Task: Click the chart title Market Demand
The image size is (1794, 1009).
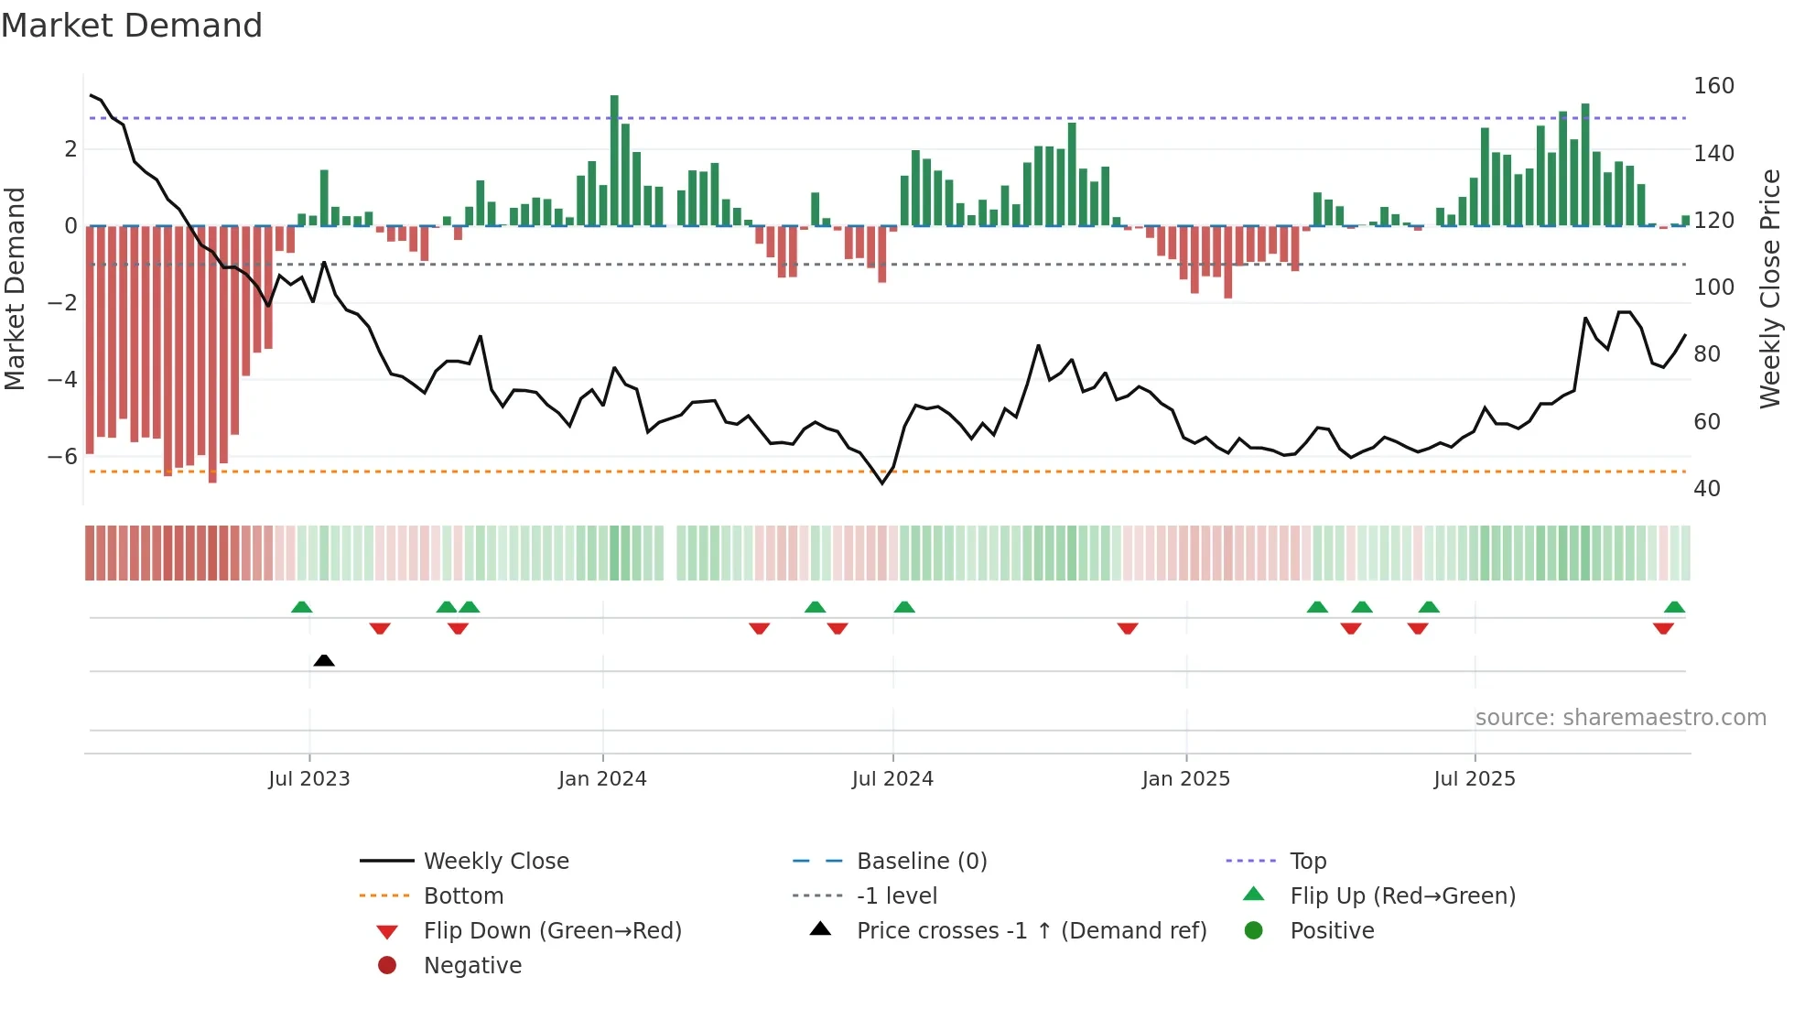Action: tap(132, 26)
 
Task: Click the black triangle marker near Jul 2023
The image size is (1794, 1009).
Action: tap(324, 660)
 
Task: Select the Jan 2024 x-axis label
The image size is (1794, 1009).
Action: tap(602, 779)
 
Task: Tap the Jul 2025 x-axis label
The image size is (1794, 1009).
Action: tap(1475, 779)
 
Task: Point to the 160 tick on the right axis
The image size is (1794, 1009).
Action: tap(1713, 86)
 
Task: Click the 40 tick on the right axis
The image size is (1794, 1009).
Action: tap(1706, 489)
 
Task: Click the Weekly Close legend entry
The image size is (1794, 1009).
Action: tap(495, 862)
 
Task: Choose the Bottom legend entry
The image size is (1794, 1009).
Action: tap(463, 896)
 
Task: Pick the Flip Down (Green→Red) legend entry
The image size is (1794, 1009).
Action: tap(552, 931)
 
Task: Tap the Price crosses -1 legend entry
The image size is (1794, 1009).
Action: tap(1031, 931)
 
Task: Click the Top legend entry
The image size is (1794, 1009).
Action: tap(1307, 862)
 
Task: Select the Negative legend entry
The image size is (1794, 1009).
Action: tap(472, 966)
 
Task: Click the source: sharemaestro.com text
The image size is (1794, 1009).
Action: tap(1620, 718)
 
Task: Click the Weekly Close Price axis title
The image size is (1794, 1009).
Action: tap(1770, 288)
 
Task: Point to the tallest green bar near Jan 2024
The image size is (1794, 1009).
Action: tap(614, 160)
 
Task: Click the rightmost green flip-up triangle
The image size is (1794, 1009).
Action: tap(1674, 607)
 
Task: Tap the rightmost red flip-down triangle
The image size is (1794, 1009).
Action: tap(1663, 628)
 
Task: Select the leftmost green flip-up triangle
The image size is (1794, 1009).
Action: tap(301, 607)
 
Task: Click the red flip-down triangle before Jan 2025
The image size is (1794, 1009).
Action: tap(1128, 628)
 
